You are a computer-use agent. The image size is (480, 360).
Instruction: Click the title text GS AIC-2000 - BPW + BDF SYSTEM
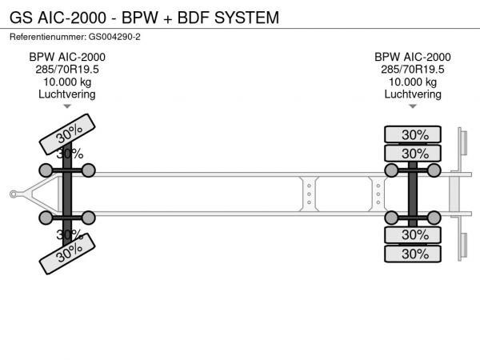point(144,17)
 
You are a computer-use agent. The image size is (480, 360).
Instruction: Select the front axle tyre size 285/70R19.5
point(67,69)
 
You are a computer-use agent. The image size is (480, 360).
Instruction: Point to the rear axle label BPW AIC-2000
point(413,57)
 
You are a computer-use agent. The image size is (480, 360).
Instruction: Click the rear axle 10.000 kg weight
point(413,82)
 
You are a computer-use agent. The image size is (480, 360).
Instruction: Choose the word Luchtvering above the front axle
point(67,94)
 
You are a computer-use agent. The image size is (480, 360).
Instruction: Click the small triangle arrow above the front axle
point(67,106)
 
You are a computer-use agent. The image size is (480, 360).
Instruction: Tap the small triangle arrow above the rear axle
point(413,106)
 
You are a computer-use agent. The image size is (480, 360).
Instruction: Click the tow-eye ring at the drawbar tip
point(14,193)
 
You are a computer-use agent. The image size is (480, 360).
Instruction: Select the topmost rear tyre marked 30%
point(414,134)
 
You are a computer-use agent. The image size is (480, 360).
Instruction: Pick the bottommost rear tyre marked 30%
point(414,254)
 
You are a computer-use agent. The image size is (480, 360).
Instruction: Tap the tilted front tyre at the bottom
point(69,255)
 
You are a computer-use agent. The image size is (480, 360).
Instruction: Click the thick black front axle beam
point(67,193)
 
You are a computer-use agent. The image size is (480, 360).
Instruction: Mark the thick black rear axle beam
point(413,193)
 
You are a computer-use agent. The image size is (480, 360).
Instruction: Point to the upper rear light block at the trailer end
point(462,142)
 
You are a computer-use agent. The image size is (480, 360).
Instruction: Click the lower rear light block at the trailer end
point(462,244)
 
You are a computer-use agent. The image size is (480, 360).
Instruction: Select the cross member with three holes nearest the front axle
point(308,193)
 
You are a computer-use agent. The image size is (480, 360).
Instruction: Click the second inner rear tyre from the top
point(414,154)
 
